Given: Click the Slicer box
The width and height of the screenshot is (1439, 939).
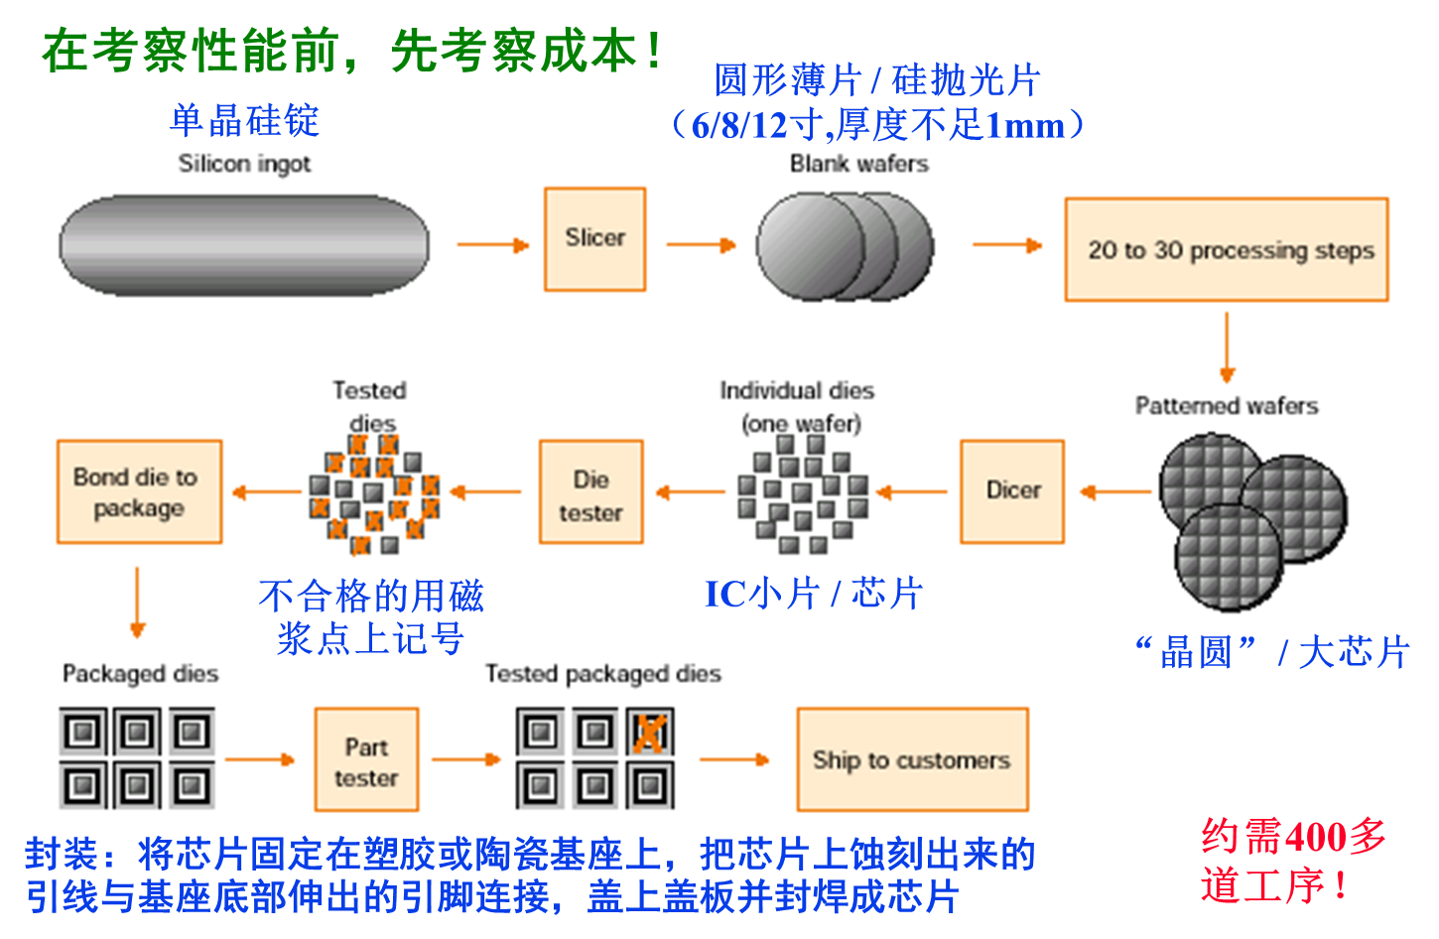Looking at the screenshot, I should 594,239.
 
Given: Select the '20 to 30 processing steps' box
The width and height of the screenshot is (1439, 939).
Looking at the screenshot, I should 1226,250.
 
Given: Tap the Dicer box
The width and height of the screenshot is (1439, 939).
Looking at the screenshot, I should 1012,491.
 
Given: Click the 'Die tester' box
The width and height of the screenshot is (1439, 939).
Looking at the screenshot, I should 590,492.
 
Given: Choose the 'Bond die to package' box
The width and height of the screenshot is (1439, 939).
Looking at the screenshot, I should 139,492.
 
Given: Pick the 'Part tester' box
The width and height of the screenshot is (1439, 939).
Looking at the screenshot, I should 366,760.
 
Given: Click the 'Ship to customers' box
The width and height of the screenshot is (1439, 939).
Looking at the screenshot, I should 912,760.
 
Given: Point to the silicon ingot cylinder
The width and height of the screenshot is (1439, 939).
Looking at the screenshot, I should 244,244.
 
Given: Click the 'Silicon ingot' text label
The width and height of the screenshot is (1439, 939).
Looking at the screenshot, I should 244,164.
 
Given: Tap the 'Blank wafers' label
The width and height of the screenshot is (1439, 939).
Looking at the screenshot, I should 858,164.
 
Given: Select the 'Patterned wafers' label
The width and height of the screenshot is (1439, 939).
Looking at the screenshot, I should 1227,406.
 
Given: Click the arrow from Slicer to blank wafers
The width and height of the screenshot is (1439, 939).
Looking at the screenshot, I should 701,244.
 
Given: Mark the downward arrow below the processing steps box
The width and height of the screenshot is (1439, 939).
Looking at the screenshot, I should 1227,347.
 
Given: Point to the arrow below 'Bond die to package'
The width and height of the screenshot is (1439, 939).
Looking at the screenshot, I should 137,602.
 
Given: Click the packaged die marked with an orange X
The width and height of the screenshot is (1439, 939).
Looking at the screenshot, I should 650,734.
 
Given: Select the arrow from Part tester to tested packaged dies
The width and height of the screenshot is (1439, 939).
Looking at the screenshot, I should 466,760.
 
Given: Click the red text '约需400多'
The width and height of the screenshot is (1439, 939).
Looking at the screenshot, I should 1293,837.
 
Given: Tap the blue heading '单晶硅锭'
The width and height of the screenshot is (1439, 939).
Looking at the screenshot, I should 244,121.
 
